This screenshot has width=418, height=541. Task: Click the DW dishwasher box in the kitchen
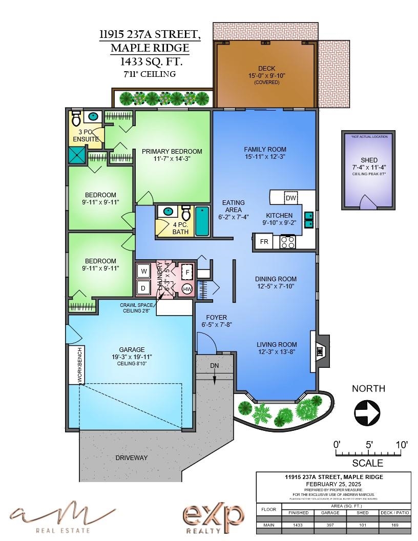290,198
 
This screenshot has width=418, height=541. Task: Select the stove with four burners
287,242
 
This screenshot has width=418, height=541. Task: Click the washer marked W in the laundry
144,271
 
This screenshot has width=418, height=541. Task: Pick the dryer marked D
144,287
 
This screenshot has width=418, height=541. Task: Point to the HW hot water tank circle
187,288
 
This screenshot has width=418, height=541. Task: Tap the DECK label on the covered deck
266,68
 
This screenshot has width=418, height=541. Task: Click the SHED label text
369,160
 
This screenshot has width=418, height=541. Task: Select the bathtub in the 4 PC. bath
202,221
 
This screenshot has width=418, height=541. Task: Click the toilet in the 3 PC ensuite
76,119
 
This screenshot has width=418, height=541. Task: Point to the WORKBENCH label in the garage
79,364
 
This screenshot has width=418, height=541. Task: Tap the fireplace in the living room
319,351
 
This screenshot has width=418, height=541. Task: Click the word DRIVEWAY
131,457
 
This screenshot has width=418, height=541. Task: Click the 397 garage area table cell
330,525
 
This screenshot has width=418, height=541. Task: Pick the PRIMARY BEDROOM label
172,152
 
